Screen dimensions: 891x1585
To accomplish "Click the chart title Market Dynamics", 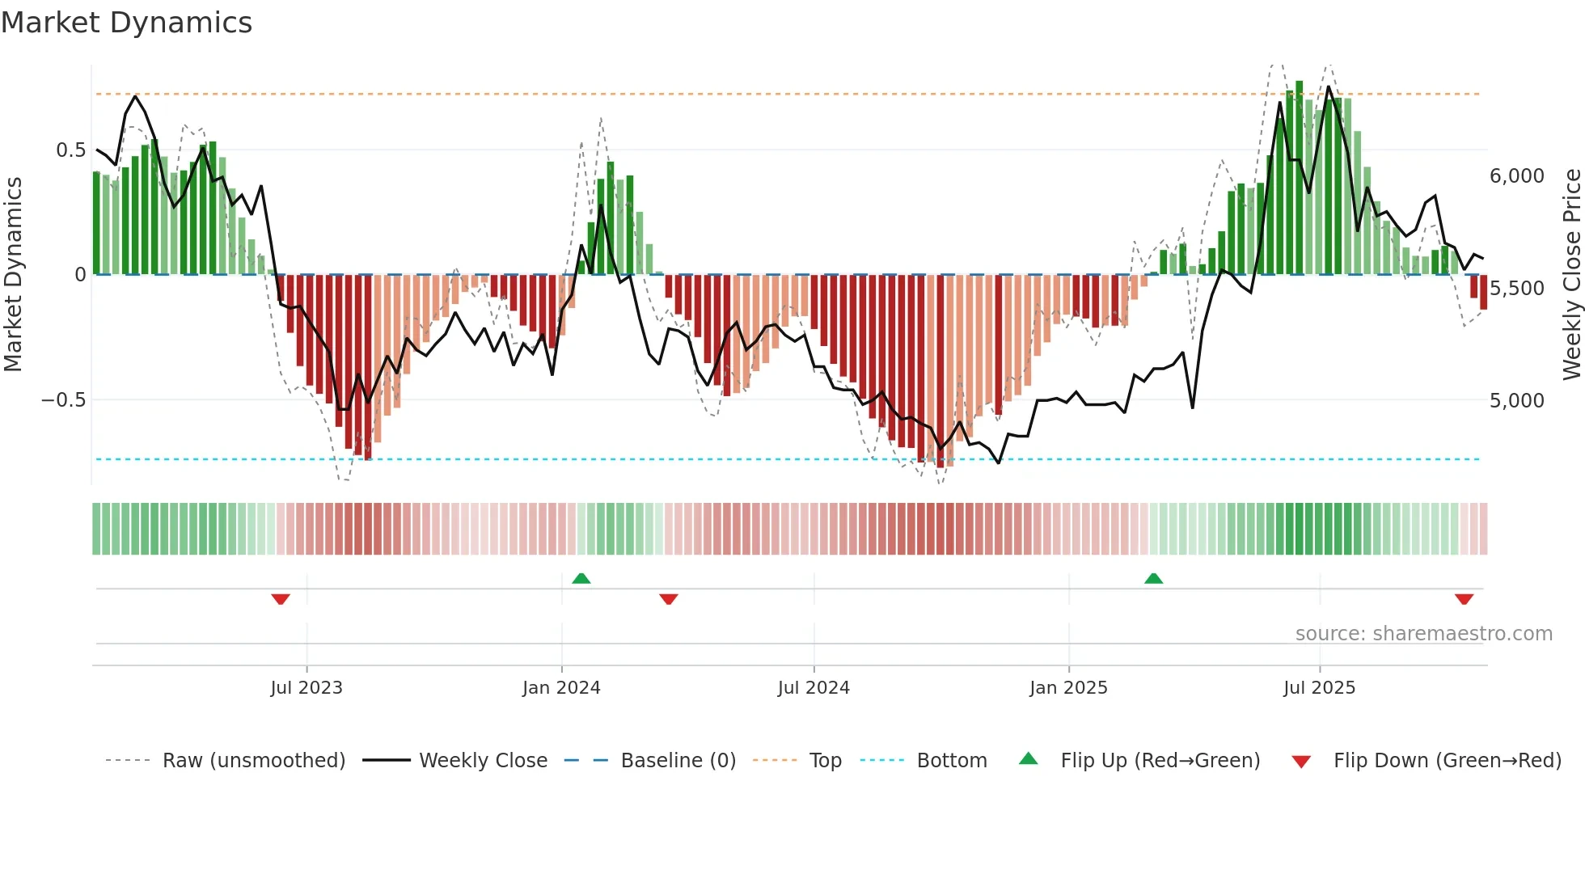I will pos(126,23).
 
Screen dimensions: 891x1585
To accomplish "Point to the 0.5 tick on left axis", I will pos(70,150).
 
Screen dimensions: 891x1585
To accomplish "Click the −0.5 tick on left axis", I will pos(63,400).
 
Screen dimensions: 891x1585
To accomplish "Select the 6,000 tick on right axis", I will pos(1516,176).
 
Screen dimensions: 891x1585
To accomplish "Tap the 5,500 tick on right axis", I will pos(1516,289).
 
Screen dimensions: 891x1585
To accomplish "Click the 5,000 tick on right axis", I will pos(1516,401).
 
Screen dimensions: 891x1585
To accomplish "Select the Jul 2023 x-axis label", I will pos(306,688).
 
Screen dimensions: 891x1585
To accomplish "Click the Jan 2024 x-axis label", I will pos(561,688).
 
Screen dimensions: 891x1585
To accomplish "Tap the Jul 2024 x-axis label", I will pos(814,688).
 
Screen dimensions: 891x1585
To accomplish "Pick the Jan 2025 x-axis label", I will pos(1068,688).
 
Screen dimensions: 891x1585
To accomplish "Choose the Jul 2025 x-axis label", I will pos(1319,688).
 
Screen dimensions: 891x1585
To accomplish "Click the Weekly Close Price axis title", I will pos(1571,275).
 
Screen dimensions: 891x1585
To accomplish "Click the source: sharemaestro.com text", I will pos(1423,634).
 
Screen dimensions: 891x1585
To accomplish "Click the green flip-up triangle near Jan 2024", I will pos(581,578).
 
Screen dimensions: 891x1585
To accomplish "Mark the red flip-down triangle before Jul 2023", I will pos(281,599).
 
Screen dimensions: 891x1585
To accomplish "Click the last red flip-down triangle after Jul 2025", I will pos(1464,599).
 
